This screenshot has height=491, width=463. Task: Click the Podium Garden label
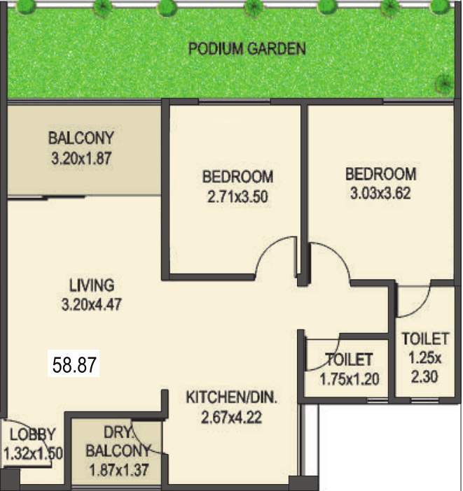(247, 49)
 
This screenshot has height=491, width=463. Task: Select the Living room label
(91, 285)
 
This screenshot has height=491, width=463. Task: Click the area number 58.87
(74, 364)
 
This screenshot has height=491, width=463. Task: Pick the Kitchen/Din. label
(231, 398)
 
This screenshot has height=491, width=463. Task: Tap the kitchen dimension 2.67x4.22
(231, 418)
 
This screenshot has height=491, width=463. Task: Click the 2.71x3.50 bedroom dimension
(237, 197)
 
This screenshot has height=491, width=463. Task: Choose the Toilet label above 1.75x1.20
(348, 360)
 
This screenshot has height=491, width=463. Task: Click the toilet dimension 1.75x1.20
(348, 380)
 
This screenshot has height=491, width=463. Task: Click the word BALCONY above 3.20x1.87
(81, 138)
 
